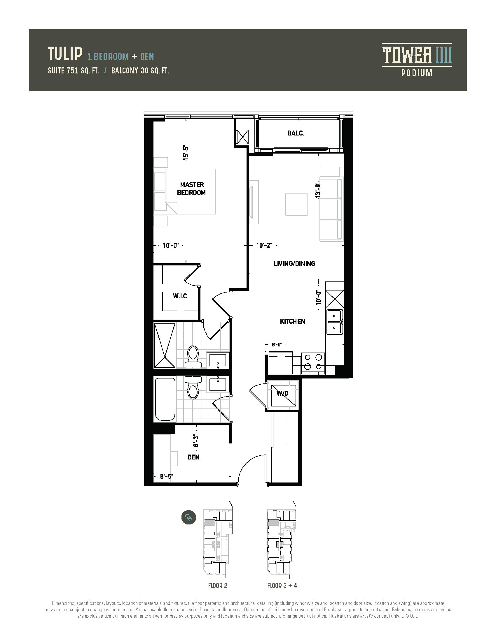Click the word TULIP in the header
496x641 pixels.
tap(65, 54)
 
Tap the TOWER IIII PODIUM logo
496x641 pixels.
tap(417, 60)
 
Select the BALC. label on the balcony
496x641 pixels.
tap(296, 133)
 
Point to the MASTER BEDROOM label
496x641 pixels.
tap(192, 189)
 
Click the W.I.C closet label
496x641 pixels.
tap(180, 296)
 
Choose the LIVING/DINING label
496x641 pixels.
tap(294, 264)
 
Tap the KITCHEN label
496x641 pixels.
tap(292, 321)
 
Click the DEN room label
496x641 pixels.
tap(193, 457)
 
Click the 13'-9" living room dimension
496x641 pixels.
tap(317, 190)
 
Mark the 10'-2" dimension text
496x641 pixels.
tap(264, 245)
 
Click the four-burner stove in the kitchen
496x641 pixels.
tap(313, 363)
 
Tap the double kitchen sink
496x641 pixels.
tap(334, 322)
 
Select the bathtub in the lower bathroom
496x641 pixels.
tap(165, 399)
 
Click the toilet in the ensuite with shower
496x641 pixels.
tap(193, 356)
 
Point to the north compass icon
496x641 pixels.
tap(189, 517)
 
